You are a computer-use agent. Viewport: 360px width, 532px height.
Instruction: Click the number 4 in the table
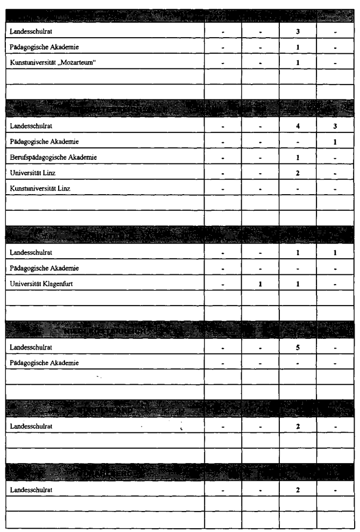(x=298, y=126)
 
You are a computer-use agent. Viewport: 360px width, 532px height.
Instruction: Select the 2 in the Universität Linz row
(x=298, y=173)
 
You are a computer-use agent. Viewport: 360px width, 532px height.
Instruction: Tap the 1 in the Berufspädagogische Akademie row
(x=298, y=157)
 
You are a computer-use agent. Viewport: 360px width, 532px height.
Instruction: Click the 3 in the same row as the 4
(x=335, y=126)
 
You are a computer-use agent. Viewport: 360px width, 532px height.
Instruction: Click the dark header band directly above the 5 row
(x=180, y=329)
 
